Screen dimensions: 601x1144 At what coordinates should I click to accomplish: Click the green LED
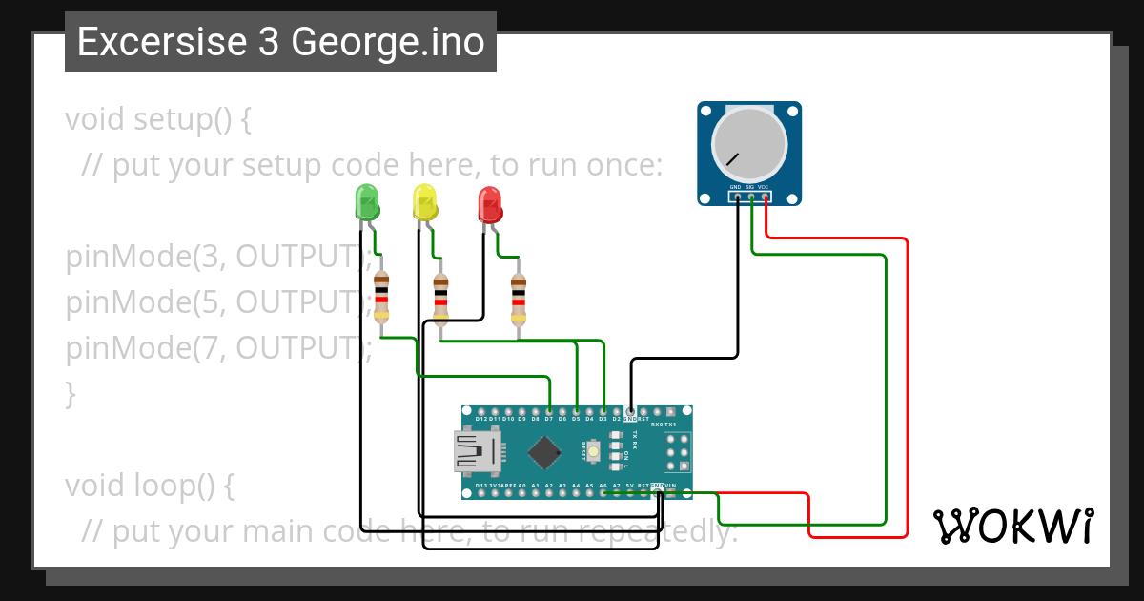point(367,202)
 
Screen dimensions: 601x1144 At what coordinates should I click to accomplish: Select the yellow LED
point(424,202)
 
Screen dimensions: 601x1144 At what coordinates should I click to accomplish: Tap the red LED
point(489,202)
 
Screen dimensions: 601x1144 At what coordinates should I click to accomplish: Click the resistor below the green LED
point(381,296)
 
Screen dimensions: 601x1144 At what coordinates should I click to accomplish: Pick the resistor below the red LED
point(518,298)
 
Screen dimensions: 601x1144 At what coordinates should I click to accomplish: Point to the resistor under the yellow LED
point(440,298)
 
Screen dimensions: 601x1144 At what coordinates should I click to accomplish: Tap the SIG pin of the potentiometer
point(751,197)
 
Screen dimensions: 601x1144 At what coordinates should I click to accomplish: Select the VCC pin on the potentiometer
point(765,197)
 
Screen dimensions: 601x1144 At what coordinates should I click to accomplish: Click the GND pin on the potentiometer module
point(737,197)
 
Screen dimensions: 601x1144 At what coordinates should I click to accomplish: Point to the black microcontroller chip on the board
point(543,452)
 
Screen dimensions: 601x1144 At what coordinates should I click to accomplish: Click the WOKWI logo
point(1012,526)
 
